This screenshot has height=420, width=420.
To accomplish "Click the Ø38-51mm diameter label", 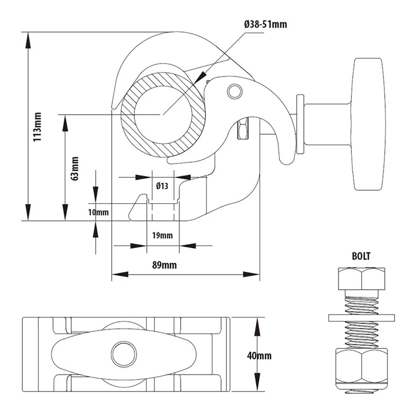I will (265, 24).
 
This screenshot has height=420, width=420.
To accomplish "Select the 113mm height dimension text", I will (38, 126).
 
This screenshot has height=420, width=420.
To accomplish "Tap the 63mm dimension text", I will (75, 168).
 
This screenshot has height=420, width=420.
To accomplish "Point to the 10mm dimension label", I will (98, 212).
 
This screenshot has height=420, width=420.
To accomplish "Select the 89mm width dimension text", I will (164, 265).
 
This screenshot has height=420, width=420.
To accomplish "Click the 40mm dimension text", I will (259, 356).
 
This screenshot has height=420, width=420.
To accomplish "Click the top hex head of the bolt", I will (361, 278).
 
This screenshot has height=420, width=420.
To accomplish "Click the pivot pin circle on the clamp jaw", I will (234, 91).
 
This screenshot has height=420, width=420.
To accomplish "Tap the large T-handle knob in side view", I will (368, 124).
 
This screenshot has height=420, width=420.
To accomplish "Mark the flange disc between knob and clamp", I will (300, 124).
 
